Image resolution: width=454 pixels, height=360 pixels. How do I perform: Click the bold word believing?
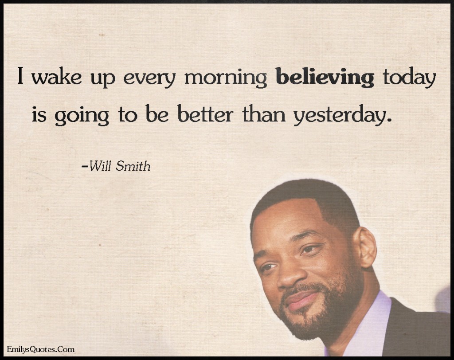coord(325,77)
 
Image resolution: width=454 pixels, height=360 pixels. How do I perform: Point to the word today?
coord(409,77)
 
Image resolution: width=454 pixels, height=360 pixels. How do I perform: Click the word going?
coord(82,116)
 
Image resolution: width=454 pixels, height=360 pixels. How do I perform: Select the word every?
coord(149,79)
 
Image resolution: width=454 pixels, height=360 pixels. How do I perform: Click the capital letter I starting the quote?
coord(20,76)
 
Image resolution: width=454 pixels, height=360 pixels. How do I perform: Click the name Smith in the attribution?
coord(133,166)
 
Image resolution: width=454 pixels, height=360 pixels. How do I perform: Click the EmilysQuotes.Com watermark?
coord(40,349)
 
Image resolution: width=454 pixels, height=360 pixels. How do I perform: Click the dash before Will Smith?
coord(85,167)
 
